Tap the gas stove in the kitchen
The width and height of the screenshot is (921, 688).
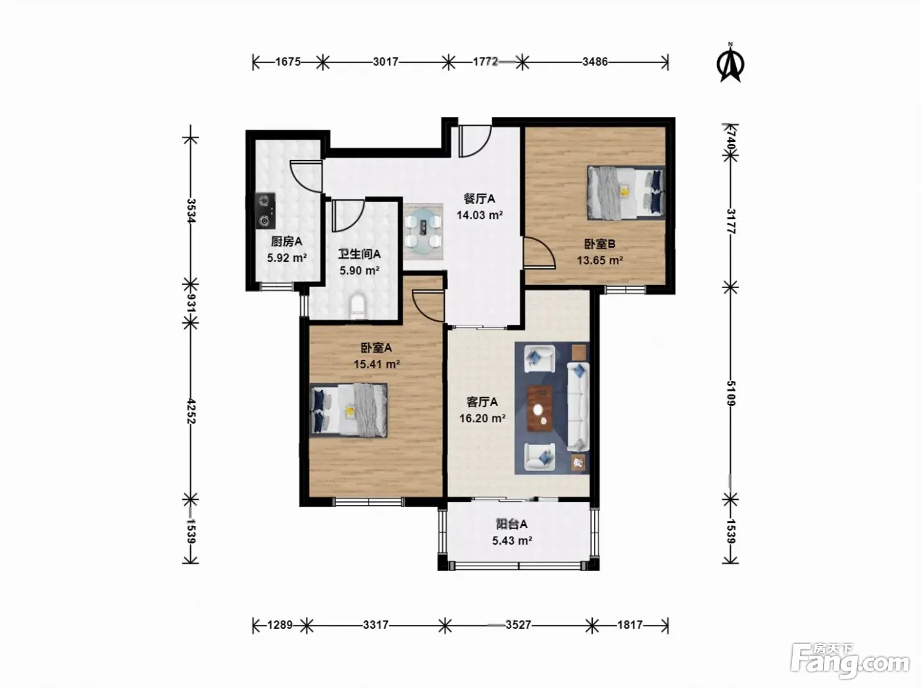[266, 210]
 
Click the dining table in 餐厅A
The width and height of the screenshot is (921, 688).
[424, 231]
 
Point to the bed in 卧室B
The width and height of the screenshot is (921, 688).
[626, 192]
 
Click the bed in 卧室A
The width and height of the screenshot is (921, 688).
[349, 410]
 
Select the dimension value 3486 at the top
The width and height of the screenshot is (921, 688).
[595, 62]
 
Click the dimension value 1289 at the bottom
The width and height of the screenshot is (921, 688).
[280, 625]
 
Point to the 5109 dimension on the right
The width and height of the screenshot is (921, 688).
[730, 393]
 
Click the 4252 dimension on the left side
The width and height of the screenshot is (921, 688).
[191, 411]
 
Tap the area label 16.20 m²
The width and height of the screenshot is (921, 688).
[482, 418]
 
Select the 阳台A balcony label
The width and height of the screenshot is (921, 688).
[512, 524]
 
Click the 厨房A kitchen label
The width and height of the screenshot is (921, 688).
[287, 241]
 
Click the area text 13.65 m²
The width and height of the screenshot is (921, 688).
[599, 260]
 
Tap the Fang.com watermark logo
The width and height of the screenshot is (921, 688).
[849, 661]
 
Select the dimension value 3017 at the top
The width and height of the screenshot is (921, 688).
[386, 62]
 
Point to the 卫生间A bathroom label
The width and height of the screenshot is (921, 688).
[360, 255]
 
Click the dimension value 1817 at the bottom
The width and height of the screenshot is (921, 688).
[630, 625]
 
